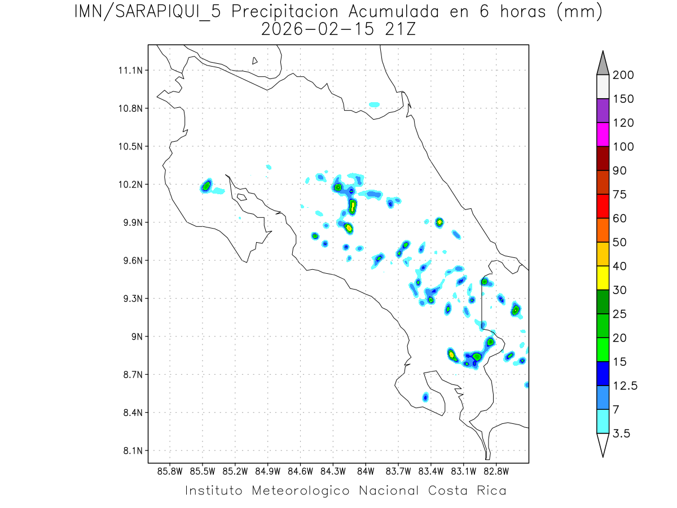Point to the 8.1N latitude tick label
tap(131, 451)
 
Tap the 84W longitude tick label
tap(366, 471)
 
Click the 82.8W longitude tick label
tap(496, 471)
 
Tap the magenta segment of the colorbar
tap(603, 134)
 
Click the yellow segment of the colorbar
tap(603, 278)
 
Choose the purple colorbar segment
tap(603, 111)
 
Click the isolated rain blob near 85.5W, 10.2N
tap(206, 186)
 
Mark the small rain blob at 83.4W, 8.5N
tap(425, 397)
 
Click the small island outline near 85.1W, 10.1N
tap(241, 197)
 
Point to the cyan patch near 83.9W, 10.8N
tap(374, 104)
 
